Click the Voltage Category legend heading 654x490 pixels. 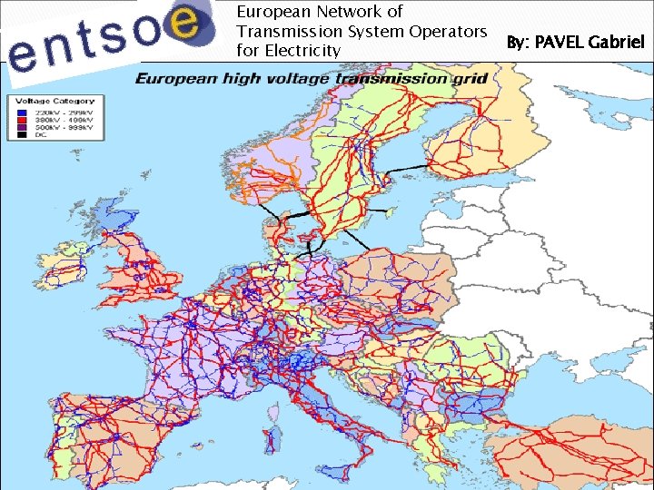click(x=55, y=101)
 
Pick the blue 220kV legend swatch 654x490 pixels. click(x=21, y=111)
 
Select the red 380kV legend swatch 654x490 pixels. click(x=21, y=119)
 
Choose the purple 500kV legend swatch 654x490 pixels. click(x=21, y=126)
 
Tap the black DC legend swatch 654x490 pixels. click(x=21, y=134)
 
